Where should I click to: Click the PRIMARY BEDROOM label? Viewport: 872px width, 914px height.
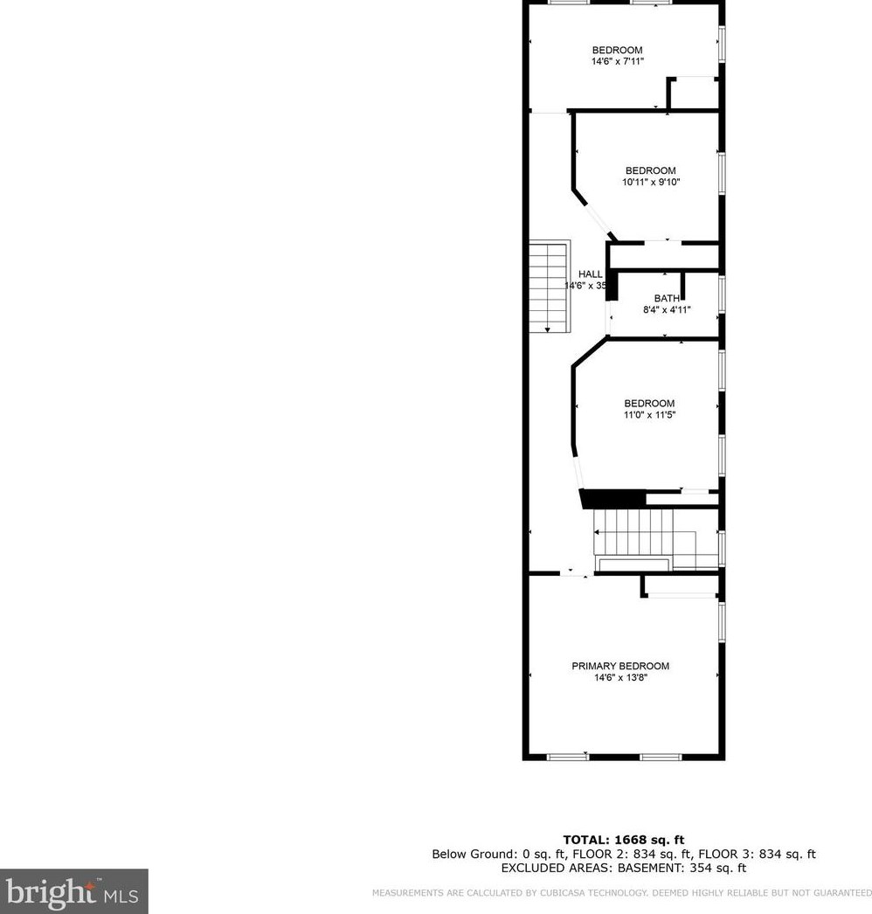pos(620,666)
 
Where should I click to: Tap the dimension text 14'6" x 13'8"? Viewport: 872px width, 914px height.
pos(620,677)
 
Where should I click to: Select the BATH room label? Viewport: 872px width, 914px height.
pos(667,299)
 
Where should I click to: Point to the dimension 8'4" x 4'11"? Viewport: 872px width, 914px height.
pos(667,309)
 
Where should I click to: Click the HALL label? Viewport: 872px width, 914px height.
pos(591,274)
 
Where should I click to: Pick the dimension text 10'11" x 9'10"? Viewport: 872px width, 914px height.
pos(650,183)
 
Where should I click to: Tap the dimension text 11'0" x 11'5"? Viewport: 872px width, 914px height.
pos(649,415)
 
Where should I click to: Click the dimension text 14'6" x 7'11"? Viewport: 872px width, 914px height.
pos(618,62)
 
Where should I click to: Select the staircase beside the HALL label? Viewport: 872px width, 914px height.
pos(549,286)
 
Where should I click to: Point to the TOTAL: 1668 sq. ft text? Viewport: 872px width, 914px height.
pos(624,840)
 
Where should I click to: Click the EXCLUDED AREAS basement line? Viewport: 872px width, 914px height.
pos(624,868)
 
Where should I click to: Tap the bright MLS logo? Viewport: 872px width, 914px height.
pos(73,891)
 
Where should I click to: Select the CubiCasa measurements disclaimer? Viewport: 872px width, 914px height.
pos(621,893)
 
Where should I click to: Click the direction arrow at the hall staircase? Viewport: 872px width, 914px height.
pos(548,329)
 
